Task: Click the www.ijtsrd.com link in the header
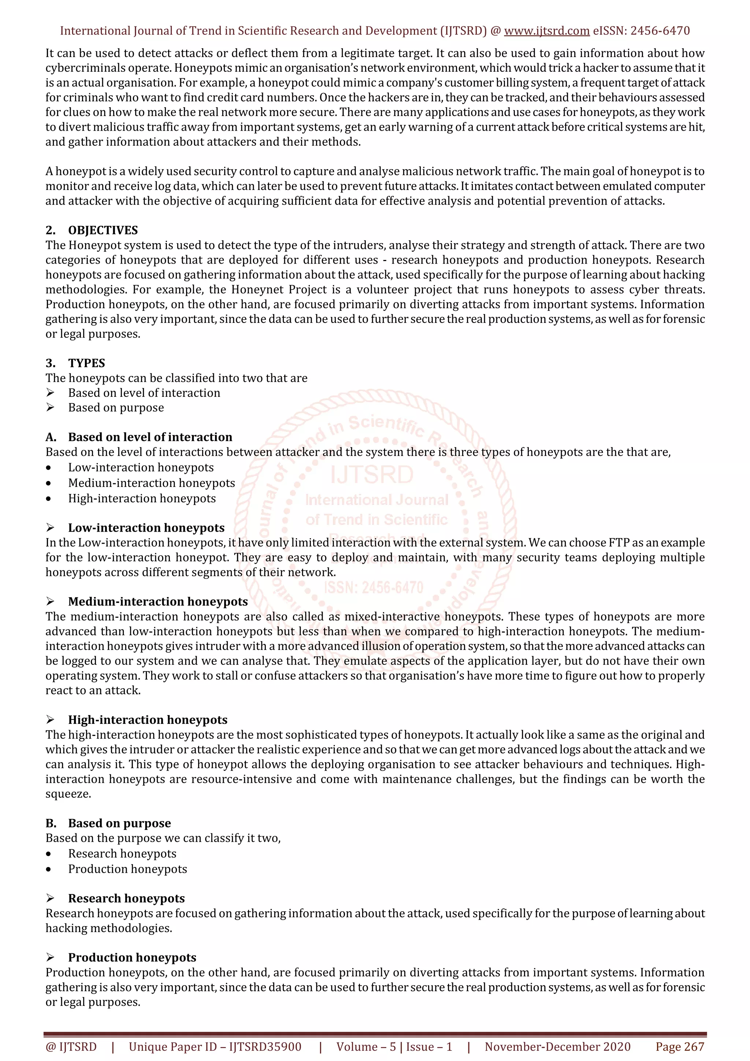546,31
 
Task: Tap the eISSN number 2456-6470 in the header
660,31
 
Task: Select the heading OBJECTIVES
103,230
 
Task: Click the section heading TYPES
86,363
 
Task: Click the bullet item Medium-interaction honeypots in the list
151,483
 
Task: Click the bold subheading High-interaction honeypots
148,720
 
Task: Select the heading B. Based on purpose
119,823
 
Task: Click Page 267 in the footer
679,1047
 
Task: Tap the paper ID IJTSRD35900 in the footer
265,1047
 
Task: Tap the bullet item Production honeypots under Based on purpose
127,869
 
